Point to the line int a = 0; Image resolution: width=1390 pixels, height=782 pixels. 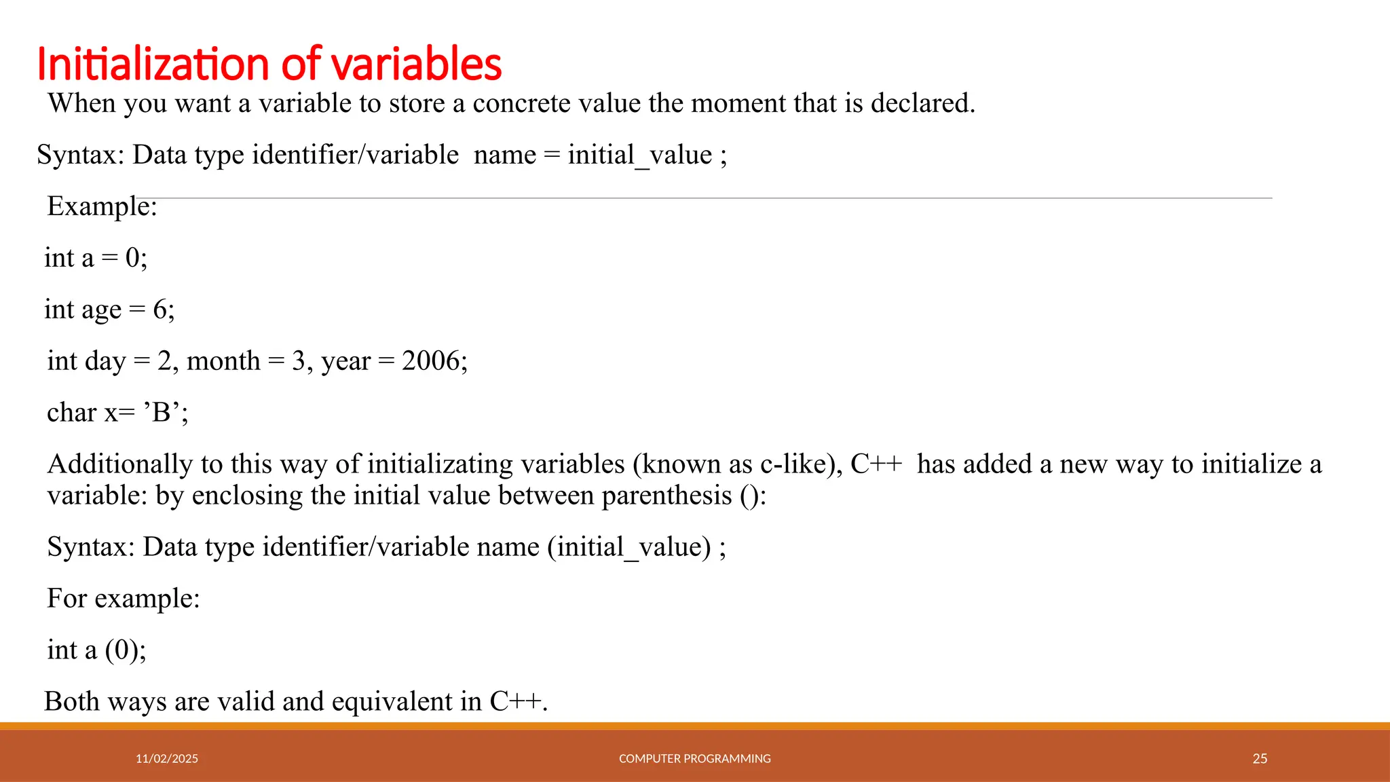pos(96,259)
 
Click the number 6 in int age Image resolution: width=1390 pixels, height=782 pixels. pos(160,310)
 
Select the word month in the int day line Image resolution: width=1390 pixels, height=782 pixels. pos(223,361)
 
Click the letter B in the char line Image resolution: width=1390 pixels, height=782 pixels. pos(162,413)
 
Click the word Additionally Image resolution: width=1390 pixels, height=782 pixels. pos(120,464)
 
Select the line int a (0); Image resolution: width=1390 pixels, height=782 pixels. pos(96,650)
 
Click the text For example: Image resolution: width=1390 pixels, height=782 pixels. pos(124,599)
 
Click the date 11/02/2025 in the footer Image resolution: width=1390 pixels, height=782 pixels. pos(167,759)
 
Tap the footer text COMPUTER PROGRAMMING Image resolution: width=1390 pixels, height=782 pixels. pos(694,759)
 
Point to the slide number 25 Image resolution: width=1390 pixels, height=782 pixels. pos(1260,759)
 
